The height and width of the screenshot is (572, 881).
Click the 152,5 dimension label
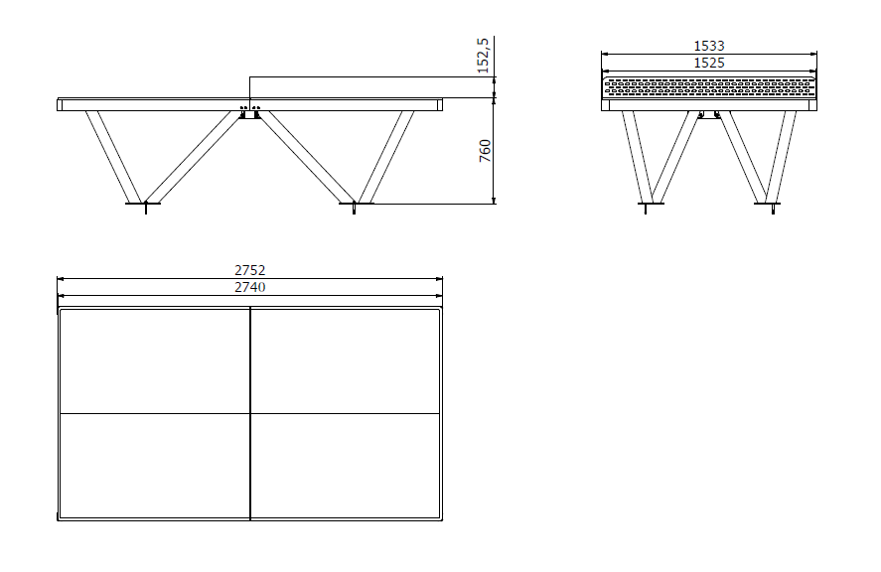point(483,56)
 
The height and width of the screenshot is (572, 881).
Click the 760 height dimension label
point(485,151)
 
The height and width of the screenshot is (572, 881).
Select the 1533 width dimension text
point(709,46)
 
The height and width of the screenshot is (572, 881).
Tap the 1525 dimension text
point(709,63)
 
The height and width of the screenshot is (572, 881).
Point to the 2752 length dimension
point(250,270)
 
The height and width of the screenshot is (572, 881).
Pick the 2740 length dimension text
point(250,287)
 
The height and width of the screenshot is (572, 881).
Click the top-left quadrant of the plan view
point(155,361)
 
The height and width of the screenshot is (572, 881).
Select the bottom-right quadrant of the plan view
point(345,466)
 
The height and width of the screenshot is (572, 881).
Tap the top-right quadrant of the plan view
point(345,361)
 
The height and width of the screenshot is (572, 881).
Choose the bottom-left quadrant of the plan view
point(155,466)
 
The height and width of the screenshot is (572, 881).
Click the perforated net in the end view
point(709,88)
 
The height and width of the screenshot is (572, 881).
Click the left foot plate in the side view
point(143,204)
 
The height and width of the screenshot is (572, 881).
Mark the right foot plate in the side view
point(357,204)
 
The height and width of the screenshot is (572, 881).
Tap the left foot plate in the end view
point(652,204)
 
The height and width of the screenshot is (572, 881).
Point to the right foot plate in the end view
point(767,204)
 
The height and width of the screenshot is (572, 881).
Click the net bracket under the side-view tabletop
point(250,112)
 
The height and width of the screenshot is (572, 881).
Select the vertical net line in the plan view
point(250,413)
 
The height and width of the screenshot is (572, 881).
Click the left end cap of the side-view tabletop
point(60,104)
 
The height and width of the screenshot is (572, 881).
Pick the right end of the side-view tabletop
point(440,104)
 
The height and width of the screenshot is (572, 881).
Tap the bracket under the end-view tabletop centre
point(709,114)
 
